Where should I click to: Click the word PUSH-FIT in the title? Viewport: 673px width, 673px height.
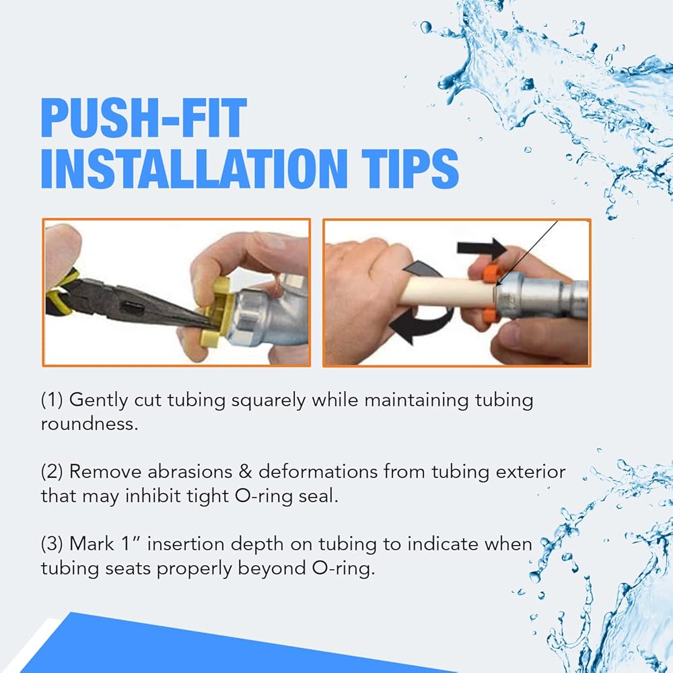point(144,118)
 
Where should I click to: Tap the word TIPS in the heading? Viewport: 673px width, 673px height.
point(411,169)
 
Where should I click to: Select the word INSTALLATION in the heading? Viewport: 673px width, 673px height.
point(194,169)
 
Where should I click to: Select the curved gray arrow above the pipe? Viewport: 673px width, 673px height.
point(423,273)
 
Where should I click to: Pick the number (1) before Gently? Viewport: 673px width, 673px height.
point(52,400)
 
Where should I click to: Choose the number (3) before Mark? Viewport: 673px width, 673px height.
point(52,544)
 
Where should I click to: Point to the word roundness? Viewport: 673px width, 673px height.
point(90,424)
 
